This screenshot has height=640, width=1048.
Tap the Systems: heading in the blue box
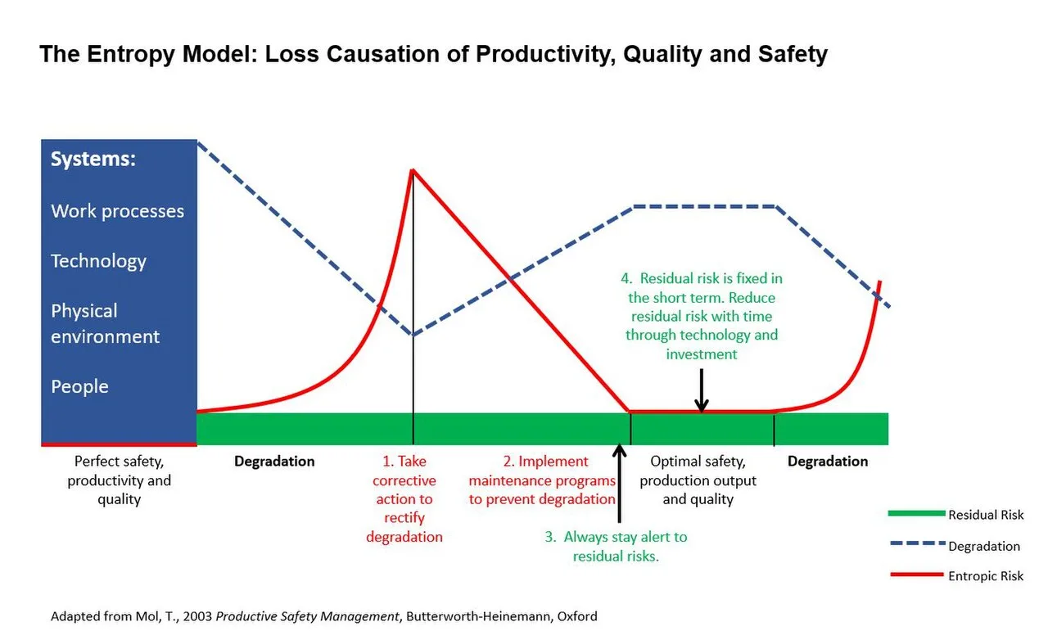93,159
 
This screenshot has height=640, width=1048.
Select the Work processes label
117,211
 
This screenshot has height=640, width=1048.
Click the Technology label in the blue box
98,262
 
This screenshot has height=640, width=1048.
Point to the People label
79,387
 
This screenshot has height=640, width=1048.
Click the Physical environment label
105,324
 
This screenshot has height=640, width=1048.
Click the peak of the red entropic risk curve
412,170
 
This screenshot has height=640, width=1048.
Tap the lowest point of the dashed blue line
413,335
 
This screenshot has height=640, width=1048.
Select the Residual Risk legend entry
955,515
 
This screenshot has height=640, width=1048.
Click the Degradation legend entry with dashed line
955,546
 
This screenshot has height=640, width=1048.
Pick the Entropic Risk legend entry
957,575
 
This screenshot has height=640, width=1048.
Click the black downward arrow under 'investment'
702,390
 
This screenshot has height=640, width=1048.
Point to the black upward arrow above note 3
620,483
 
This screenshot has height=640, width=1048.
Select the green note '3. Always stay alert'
616,546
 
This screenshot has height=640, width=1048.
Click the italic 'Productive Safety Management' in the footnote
307,616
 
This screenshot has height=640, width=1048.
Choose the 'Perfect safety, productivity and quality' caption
120,480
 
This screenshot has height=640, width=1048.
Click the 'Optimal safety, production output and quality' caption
698,480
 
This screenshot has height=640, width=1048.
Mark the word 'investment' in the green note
702,354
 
